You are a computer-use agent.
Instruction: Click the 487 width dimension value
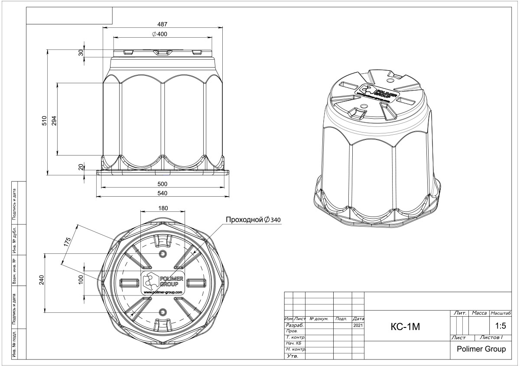point(162,24)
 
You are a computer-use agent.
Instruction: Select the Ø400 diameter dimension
point(159,34)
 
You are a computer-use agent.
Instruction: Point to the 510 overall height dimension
point(44,121)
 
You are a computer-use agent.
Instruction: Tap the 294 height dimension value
point(54,121)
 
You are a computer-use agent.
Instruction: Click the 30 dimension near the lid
point(81,53)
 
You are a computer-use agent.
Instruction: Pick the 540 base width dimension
point(162,193)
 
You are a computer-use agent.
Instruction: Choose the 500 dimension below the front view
point(162,184)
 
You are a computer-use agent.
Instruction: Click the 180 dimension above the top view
point(163,208)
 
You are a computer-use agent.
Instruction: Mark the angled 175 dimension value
point(67,242)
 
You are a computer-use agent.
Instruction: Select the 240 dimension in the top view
point(41,280)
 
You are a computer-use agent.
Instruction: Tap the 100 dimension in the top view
point(81,280)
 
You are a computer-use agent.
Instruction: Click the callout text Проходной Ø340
point(253,220)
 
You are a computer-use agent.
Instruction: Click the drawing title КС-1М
point(405,327)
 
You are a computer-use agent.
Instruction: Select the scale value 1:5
point(500,326)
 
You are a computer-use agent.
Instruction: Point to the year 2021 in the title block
point(358,325)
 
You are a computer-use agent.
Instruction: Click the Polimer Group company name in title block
point(481,349)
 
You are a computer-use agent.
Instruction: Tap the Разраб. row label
point(295,325)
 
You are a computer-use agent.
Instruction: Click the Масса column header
point(479,313)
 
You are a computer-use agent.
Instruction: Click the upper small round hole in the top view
point(163,254)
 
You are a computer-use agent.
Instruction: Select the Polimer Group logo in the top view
point(163,283)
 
